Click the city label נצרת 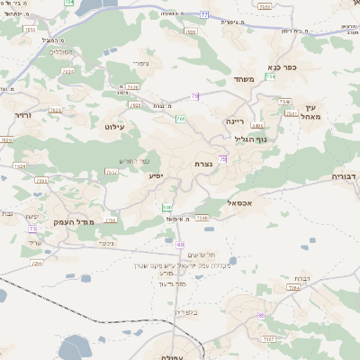point(203,165)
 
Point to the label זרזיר point(23,115)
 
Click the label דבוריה point(345,176)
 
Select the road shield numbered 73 point(32,229)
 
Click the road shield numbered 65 point(260,316)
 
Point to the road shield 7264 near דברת point(292,287)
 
